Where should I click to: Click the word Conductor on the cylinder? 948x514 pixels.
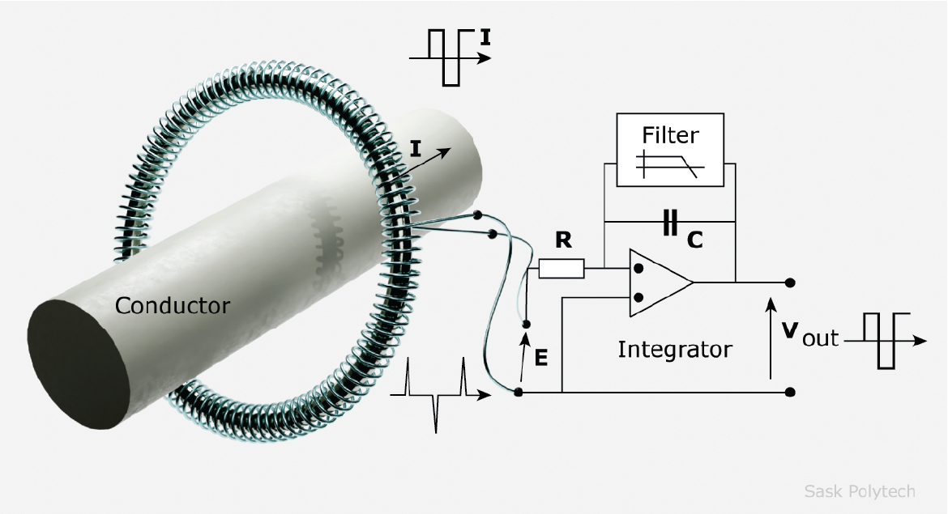click(172, 306)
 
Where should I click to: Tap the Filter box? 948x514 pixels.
click(669, 150)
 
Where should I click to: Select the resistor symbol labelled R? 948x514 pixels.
click(561, 268)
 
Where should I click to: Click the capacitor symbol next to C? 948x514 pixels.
click(669, 223)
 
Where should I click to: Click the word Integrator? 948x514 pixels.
click(674, 350)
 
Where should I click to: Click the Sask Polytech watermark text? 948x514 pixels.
click(859, 491)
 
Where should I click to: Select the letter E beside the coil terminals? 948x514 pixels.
click(541, 356)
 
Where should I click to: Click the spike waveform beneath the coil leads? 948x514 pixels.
click(438, 394)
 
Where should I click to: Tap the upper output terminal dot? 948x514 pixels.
click(789, 282)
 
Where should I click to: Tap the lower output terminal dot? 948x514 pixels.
click(789, 392)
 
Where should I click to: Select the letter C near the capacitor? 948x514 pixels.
click(694, 240)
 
